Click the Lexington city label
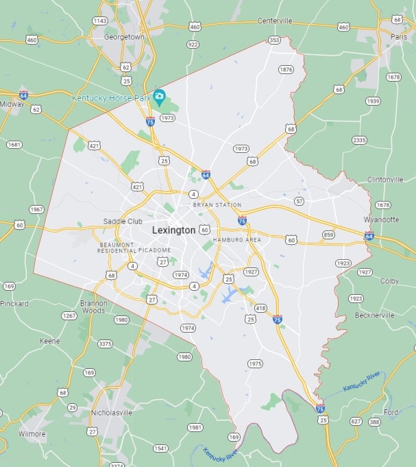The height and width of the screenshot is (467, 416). click(x=173, y=230)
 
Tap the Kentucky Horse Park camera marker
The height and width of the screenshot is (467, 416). click(x=159, y=96)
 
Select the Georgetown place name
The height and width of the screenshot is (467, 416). click(x=124, y=37)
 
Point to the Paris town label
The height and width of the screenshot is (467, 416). click(x=398, y=36)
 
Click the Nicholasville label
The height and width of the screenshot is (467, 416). click(x=111, y=413)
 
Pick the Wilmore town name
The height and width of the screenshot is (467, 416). click(x=32, y=434)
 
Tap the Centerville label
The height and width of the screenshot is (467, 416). click(x=275, y=21)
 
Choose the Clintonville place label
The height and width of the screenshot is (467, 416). click(x=385, y=180)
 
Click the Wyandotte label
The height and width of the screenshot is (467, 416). click(x=381, y=219)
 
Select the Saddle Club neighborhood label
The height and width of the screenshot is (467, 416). click(x=123, y=221)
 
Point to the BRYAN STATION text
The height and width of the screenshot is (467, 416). click(x=217, y=205)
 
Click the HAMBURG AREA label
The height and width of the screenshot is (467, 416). click(x=237, y=240)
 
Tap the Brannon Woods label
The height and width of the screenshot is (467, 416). click(x=93, y=306)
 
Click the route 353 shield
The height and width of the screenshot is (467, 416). click(x=274, y=40)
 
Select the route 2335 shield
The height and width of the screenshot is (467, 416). click(x=359, y=140)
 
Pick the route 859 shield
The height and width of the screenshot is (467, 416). click(x=329, y=235)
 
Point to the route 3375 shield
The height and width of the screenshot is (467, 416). click(x=106, y=344)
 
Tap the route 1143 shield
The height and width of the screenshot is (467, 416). click(x=99, y=21)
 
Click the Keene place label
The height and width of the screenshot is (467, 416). click(x=49, y=341)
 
